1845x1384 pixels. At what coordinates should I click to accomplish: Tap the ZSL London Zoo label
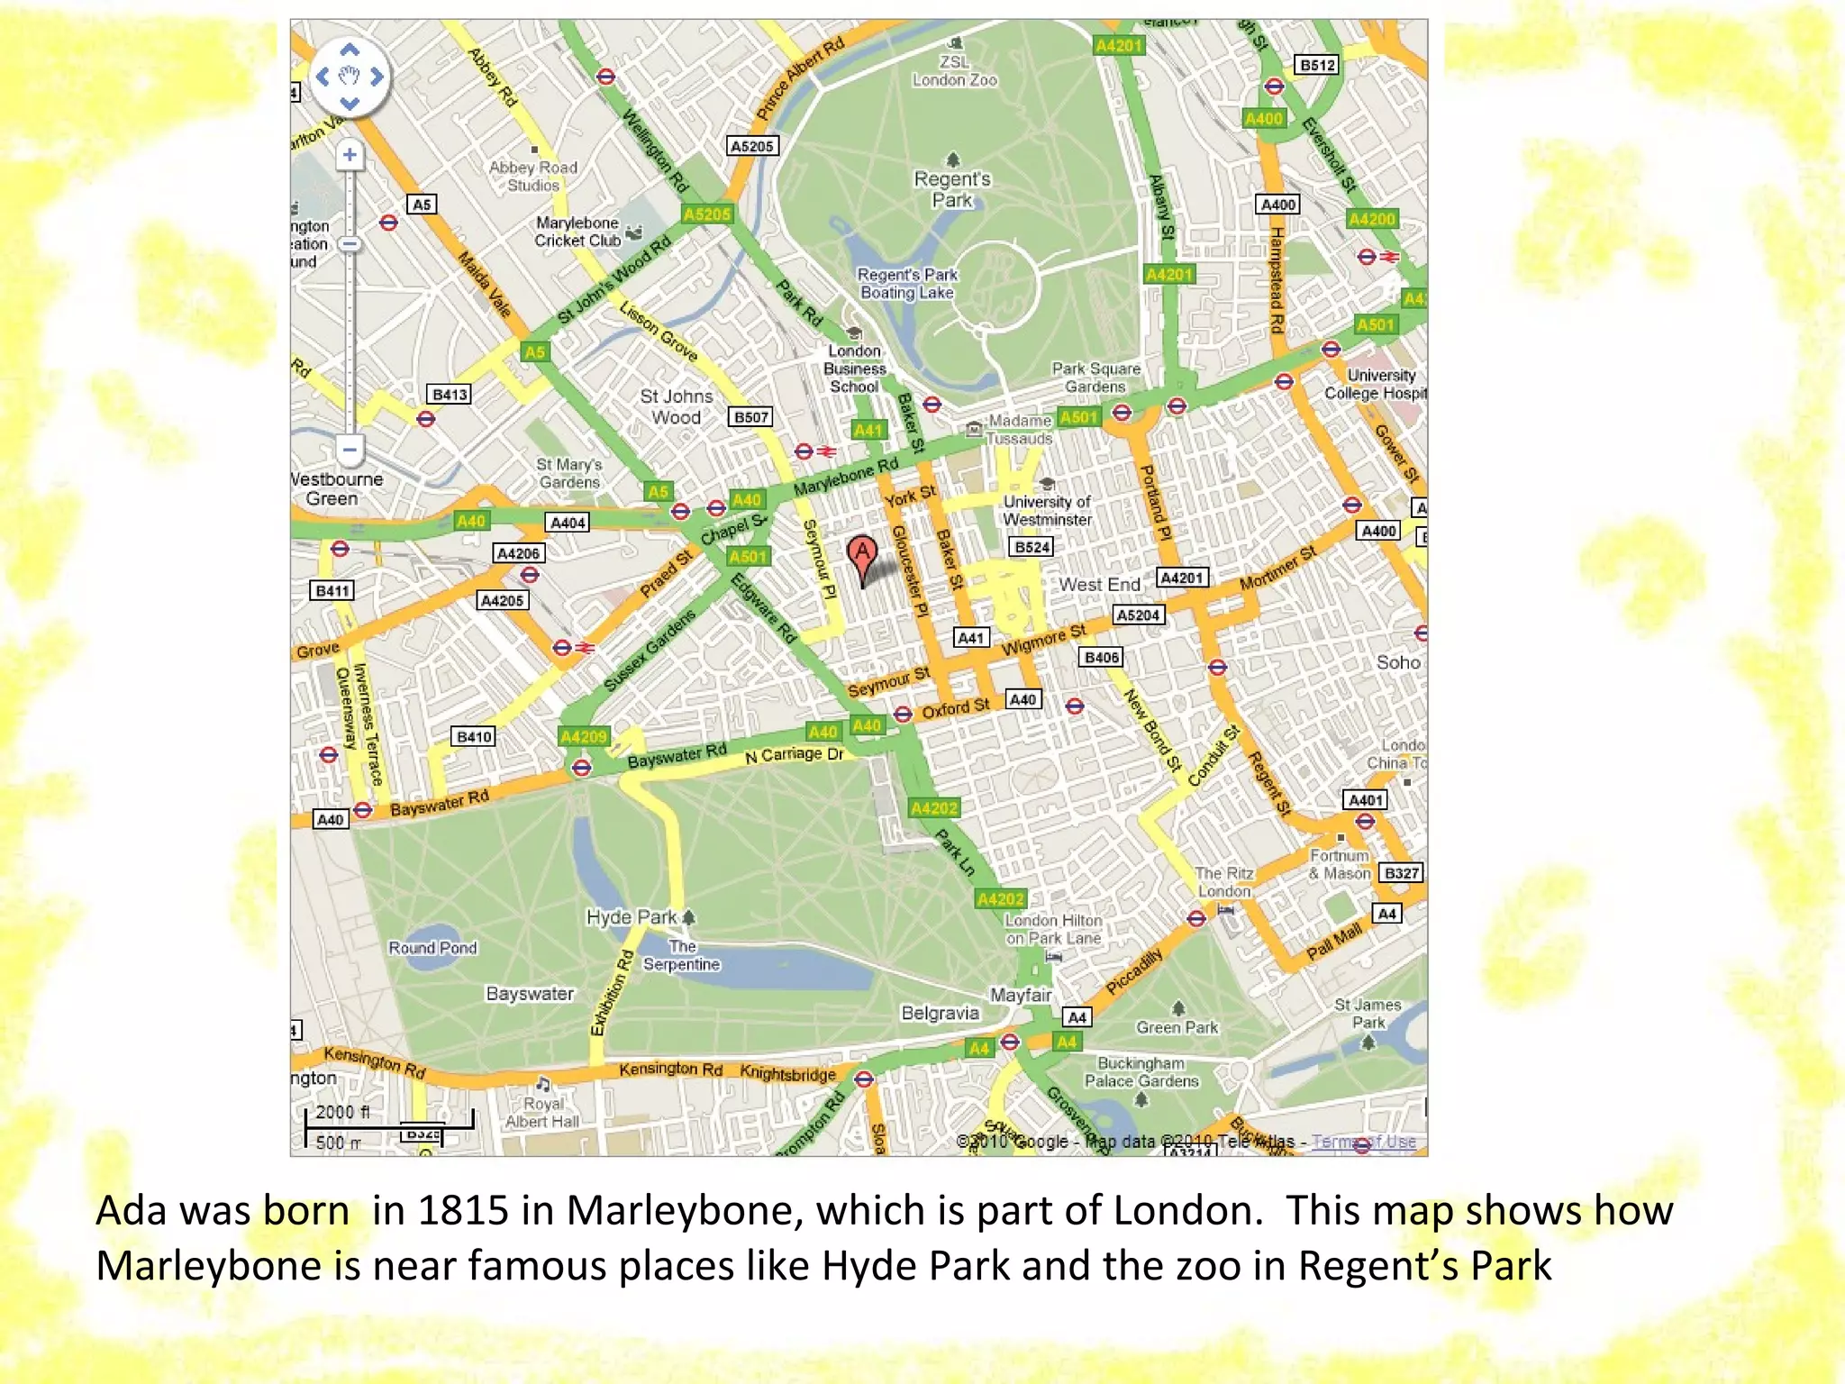coord(954,71)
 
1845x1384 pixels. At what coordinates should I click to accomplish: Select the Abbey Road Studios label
coord(533,176)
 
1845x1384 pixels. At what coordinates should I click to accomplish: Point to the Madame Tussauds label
coord(1020,430)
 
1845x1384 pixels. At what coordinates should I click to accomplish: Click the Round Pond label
coord(432,948)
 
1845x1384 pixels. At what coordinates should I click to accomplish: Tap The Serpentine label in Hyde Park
coord(682,956)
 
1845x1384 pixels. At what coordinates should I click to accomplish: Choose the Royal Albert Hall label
coord(542,1113)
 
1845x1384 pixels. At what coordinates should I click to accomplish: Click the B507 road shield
coord(751,417)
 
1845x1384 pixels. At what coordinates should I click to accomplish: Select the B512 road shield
coord(1317,65)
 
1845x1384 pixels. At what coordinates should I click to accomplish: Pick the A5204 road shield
coord(1138,615)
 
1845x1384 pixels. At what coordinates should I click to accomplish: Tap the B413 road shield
coord(450,395)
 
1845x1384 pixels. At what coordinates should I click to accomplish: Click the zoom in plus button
coord(350,155)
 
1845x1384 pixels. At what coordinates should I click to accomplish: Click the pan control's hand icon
coord(350,76)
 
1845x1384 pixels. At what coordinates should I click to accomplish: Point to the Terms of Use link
coord(1363,1142)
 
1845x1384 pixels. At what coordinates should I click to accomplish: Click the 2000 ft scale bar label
coord(342,1113)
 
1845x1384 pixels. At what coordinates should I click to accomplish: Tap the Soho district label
coord(1397,662)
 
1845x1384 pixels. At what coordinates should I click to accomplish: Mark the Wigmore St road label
coord(1043,641)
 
